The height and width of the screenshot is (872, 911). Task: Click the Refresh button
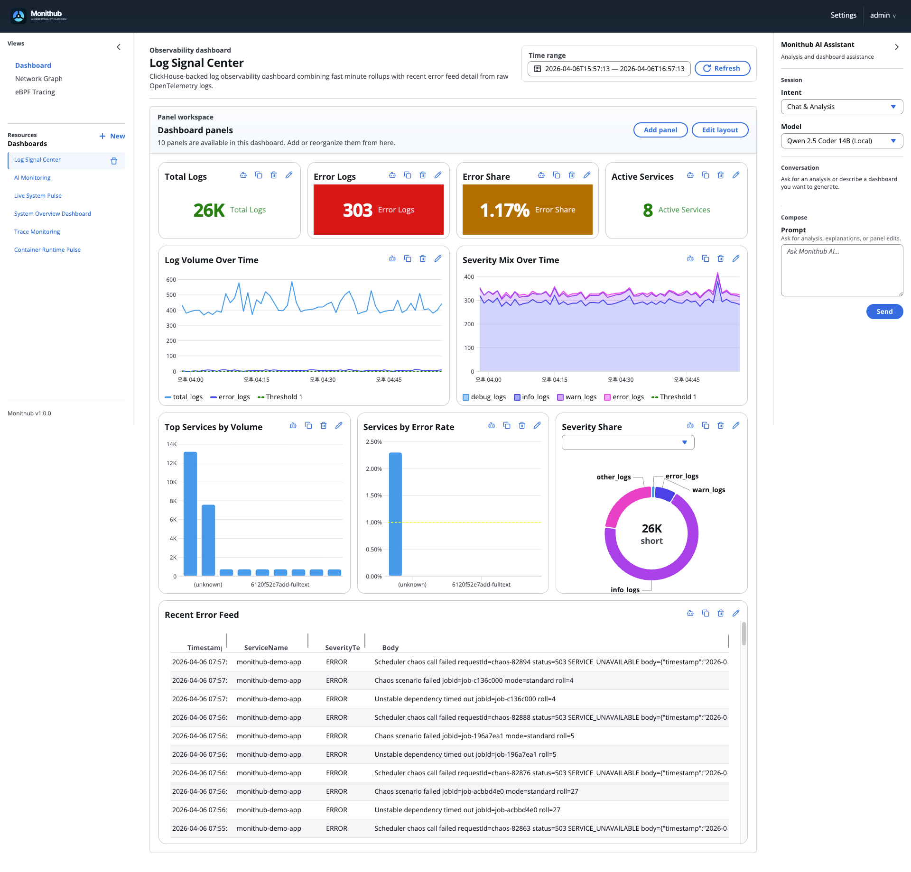click(722, 68)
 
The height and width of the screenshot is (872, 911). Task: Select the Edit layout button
click(720, 130)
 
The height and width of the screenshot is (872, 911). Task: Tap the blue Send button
click(884, 312)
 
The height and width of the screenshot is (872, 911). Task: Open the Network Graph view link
click(39, 79)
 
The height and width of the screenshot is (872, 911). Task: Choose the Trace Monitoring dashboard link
click(37, 232)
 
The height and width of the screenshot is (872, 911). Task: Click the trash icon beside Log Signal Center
click(114, 161)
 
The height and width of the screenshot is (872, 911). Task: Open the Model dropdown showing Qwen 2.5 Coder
click(841, 141)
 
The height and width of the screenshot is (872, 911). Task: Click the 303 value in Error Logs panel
click(358, 210)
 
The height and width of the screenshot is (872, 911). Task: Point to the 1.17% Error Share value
click(504, 210)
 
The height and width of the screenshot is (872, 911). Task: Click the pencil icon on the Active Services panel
click(736, 175)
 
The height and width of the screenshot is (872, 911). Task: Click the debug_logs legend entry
click(484, 397)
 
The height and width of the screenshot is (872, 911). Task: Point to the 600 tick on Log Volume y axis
click(171, 280)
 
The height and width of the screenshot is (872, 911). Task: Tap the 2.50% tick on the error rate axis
click(374, 442)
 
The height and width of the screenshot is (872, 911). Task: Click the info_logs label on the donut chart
click(625, 590)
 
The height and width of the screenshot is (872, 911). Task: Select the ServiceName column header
click(266, 648)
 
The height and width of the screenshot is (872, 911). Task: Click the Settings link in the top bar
click(843, 15)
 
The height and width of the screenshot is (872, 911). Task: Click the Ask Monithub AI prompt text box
click(841, 270)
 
